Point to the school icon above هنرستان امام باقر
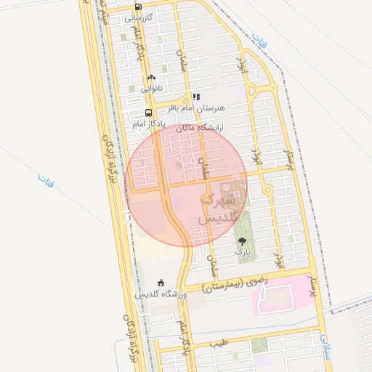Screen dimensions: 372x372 point(196,97)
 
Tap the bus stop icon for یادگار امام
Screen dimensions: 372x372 point(149,113)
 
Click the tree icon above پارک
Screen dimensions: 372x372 point(241,240)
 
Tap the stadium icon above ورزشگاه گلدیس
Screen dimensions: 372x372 point(161,283)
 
